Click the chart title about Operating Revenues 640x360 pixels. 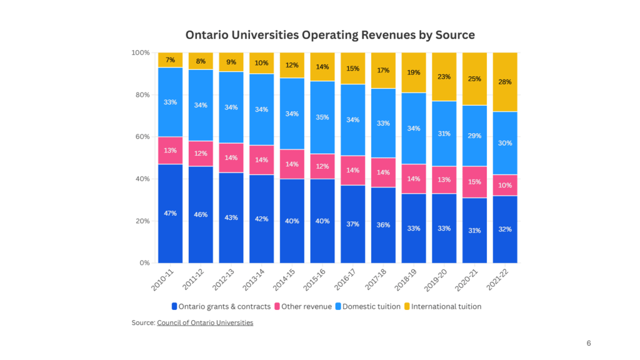(330, 34)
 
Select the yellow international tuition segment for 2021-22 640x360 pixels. (505, 81)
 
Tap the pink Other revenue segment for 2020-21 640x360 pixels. (474, 182)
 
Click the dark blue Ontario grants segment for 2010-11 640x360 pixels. (170, 213)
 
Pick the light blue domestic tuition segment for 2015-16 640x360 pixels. (322, 117)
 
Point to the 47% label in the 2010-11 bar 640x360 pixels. (170, 213)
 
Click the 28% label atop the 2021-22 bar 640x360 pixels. (505, 82)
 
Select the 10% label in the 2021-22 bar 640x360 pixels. (505, 186)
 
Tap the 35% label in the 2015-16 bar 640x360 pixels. (322, 117)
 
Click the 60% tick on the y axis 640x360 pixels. (141, 137)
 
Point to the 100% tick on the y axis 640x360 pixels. (139, 53)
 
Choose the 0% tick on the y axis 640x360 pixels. (143, 263)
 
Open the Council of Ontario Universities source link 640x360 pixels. (205, 322)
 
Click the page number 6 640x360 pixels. (589, 343)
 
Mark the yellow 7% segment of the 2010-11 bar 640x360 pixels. (170, 60)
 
